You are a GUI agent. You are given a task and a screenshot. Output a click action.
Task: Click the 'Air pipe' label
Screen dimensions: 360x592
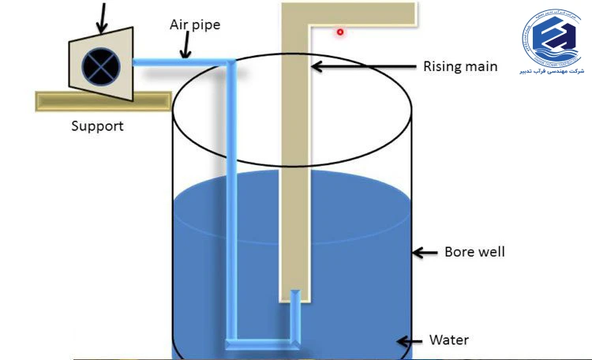click(194, 25)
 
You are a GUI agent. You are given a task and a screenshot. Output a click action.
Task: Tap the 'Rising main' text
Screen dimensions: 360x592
click(459, 66)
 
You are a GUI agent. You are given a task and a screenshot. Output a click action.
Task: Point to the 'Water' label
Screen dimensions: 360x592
click(448, 340)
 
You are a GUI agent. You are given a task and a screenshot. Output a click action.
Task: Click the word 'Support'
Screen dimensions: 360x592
click(97, 126)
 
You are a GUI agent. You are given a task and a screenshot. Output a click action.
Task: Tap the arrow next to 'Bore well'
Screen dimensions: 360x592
click(426, 253)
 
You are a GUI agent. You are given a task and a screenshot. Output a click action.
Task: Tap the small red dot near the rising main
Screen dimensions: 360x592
click(340, 32)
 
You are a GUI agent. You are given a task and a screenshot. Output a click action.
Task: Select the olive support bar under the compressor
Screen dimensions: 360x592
click(103, 101)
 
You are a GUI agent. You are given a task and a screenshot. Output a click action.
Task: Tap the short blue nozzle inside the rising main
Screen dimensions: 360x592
click(295, 312)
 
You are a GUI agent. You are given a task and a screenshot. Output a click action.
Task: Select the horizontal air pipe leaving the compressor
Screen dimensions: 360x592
click(182, 62)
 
